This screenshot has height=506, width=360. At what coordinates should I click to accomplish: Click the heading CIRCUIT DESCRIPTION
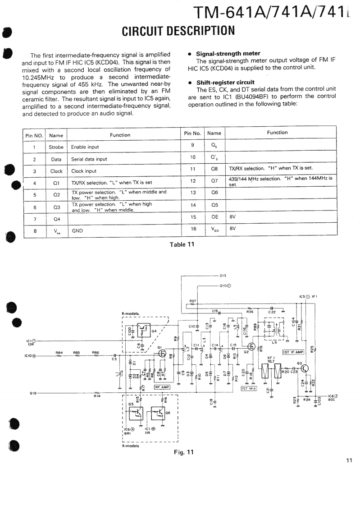pos(178,31)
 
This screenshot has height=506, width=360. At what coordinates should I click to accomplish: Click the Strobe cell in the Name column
pos(56,147)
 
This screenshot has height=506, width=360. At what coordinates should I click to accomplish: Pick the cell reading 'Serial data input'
pos(89,159)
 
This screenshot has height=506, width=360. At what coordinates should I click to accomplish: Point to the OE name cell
pos(214,216)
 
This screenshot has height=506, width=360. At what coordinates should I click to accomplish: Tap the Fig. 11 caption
pos(183,452)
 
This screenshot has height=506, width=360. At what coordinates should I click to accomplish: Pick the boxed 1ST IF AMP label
pos(293,352)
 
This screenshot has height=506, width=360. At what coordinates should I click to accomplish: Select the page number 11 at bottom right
pos(349,460)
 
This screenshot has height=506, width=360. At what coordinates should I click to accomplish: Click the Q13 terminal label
pos(223,275)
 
